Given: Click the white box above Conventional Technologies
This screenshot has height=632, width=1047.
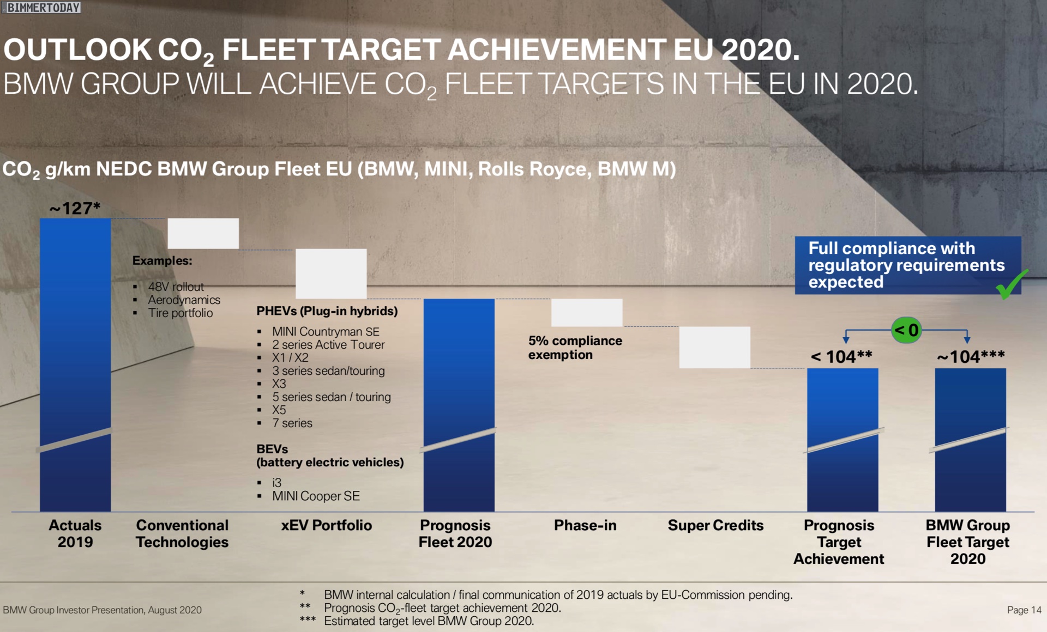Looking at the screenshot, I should point(203,233).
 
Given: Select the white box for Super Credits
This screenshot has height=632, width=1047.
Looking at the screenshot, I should point(714,347).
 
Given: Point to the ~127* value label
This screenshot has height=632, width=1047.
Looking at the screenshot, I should point(75,208).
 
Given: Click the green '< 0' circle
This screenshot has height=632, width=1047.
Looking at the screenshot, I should point(906,330).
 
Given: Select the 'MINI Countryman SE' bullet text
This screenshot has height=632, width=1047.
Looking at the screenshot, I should point(326,331).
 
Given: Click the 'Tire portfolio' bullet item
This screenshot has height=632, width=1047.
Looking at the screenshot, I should point(180,313).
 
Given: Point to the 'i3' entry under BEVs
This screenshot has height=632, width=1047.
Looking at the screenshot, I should point(277,483).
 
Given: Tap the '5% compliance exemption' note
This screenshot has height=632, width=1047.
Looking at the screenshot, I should point(575,348).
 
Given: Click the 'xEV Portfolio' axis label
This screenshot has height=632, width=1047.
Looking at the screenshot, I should point(326,525).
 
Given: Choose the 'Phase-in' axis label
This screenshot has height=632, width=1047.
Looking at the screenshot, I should point(585,525).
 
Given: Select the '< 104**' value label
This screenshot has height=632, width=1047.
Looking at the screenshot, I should point(841,357).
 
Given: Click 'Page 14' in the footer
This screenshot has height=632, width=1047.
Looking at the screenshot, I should point(1024,610).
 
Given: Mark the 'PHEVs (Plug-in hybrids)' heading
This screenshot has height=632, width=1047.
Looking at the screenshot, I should point(327,311).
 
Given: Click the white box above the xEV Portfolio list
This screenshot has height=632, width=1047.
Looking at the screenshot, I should point(330,274).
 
